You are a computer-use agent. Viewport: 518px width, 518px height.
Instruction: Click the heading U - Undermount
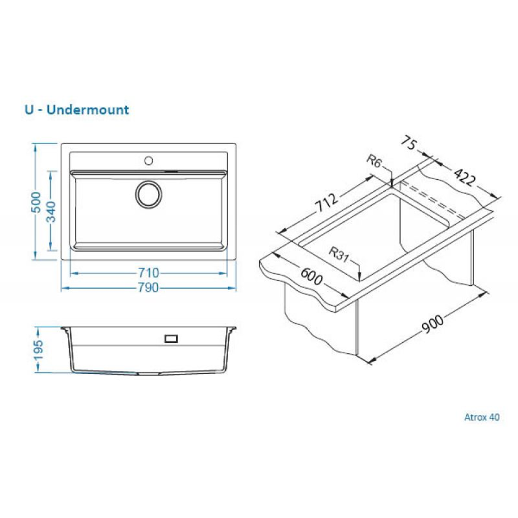click(x=76, y=109)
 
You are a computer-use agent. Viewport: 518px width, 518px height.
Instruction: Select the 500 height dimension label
click(x=36, y=202)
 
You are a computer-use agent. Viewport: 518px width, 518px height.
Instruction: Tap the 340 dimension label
click(x=51, y=211)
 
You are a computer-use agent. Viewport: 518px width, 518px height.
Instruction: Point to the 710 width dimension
click(x=148, y=273)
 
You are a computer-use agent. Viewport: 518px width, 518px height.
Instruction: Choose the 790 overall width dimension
click(x=148, y=288)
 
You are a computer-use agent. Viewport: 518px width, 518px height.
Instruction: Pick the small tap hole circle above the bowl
click(x=149, y=159)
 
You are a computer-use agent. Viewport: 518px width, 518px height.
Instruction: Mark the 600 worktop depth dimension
click(x=311, y=281)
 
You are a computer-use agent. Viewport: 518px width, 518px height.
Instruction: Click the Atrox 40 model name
click(x=482, y=418)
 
